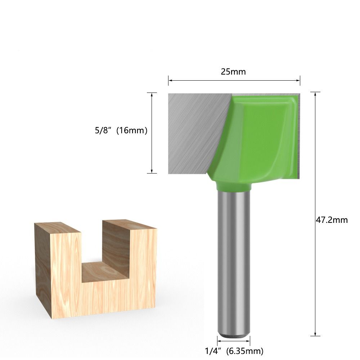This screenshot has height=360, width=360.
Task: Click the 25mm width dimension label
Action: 233,72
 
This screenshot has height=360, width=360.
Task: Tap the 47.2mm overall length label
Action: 332,220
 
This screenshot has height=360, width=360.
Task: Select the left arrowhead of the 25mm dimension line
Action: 170,80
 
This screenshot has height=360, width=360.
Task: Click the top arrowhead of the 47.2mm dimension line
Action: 315,94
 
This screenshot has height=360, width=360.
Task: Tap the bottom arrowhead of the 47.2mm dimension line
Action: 315,334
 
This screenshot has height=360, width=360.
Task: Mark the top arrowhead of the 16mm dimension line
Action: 152,95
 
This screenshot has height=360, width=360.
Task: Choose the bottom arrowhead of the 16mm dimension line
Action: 152,171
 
